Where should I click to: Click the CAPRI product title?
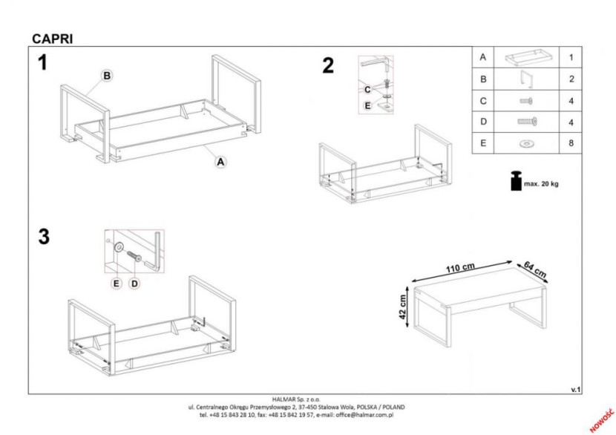[x=52, y=39]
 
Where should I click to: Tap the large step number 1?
[x=42, y=63]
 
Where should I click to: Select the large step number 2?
[x=328, y=65]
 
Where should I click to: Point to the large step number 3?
[x=44, y=237]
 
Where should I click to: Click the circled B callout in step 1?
[x=107, y=76]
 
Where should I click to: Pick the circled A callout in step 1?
[x=220, y=162]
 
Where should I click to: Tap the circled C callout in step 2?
[x=367, y=90]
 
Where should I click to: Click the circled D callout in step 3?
[x=134, y=284]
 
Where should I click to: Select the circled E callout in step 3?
[x=117, y=284]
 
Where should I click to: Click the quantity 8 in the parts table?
[x=571, y=143]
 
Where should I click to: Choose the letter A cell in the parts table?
[x=483, y=57]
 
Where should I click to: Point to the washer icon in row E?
[x=526, y=144]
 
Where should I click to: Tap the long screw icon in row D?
[x=527, y=122]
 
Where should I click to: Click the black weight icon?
[x=517, y=181]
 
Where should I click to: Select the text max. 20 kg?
[x=541, y=184]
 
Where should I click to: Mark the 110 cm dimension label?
[x=460, y=268]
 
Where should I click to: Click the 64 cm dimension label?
[x=535, y=270]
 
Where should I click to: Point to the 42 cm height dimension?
[x=403, y=307]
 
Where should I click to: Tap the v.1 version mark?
[x=575, y=390]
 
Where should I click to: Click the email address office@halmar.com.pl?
[x=364, y=414]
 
